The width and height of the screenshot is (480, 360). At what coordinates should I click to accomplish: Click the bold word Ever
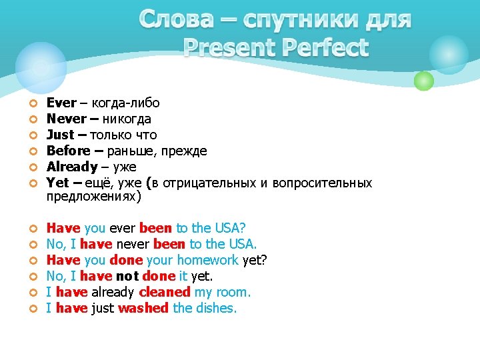coord(60,103)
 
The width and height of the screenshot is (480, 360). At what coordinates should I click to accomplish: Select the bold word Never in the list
coord(67,119)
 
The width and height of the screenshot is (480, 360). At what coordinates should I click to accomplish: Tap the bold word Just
coord(60,135)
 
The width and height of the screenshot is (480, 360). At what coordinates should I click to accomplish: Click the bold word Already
coord(72,167)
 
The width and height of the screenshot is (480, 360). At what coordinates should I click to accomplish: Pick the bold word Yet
coord(57,183)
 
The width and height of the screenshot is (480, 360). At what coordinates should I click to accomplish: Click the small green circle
coord(423,81)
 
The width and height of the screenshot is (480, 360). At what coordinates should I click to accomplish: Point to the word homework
coord(207,260)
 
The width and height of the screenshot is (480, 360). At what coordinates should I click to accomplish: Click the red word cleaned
coord(165,292)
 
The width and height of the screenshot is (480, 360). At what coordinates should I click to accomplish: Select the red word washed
coord(143,308)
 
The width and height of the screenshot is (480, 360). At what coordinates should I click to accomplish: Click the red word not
coord(127,276)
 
